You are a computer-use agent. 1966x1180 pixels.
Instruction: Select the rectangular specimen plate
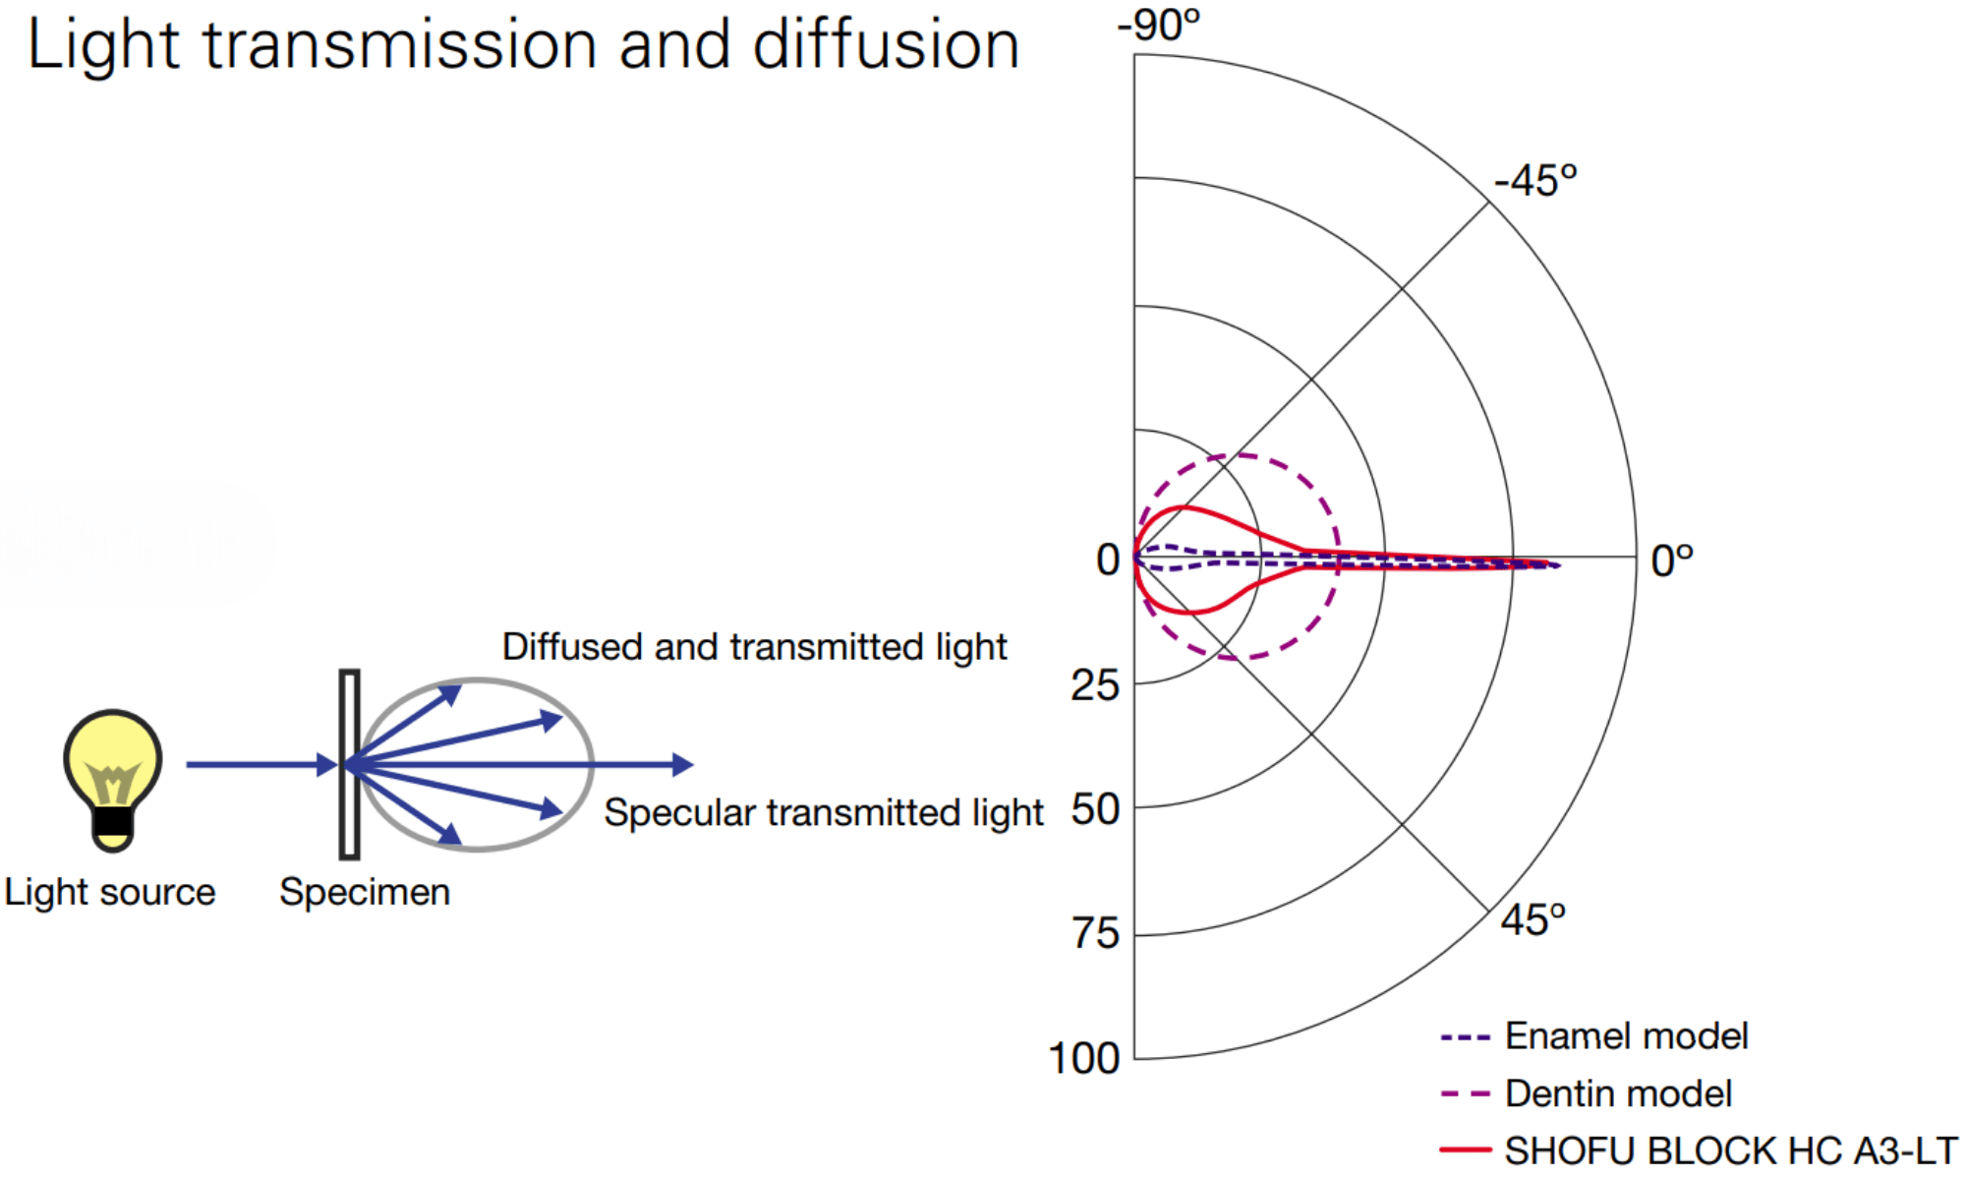pos(349,764)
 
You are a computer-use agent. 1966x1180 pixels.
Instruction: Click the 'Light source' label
pos(110,892)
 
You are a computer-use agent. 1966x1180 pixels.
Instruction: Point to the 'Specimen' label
pos(365,893)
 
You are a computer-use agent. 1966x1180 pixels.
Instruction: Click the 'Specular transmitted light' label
pos(823,813)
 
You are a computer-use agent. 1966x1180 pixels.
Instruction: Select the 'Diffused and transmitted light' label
pos(754,647)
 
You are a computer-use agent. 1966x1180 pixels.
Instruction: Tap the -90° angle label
pos(1158,24)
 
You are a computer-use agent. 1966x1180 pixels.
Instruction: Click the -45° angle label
pos(1535,181)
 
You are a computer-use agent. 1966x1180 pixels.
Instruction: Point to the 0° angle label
pos(1672,561)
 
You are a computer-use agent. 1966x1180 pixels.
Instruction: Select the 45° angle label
pos(1532,920)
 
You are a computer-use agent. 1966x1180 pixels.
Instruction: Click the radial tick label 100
pos(1084,1059)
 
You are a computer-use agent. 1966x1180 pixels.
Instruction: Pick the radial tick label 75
pos(1095,933)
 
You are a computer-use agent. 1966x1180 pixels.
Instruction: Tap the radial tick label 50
pos(1095,809)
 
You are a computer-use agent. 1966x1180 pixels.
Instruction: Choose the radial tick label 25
pos(1095,685)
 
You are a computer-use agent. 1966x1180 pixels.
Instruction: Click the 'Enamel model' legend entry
pos(1593,1036)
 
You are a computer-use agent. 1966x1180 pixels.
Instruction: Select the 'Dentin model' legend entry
pos(1586,1093)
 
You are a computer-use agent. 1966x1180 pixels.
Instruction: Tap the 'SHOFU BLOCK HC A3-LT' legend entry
pos(1699,1150)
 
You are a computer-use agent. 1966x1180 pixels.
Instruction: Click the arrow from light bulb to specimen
pos(262,764)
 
